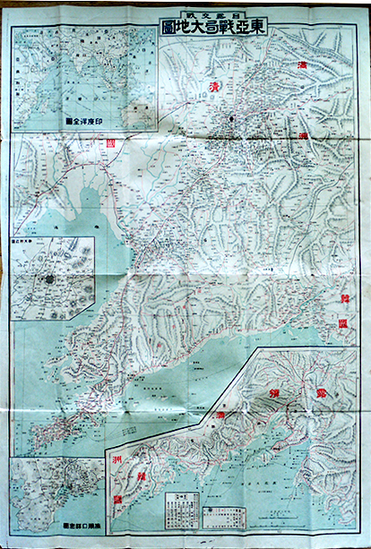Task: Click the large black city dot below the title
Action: click(x=231, y=119)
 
